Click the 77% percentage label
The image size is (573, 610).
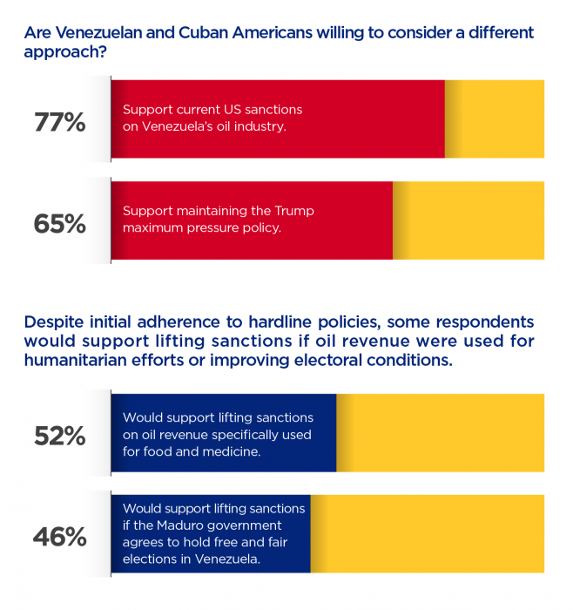point(59,122)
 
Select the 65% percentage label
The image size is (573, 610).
point(59,223)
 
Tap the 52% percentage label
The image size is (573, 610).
point(59,436)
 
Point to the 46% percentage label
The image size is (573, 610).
point(59,537)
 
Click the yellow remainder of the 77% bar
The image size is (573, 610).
point(495,119)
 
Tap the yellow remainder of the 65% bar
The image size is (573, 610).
point(469,220)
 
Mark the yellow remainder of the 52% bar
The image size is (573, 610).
point(440,433)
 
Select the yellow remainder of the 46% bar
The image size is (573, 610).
point(427,534)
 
